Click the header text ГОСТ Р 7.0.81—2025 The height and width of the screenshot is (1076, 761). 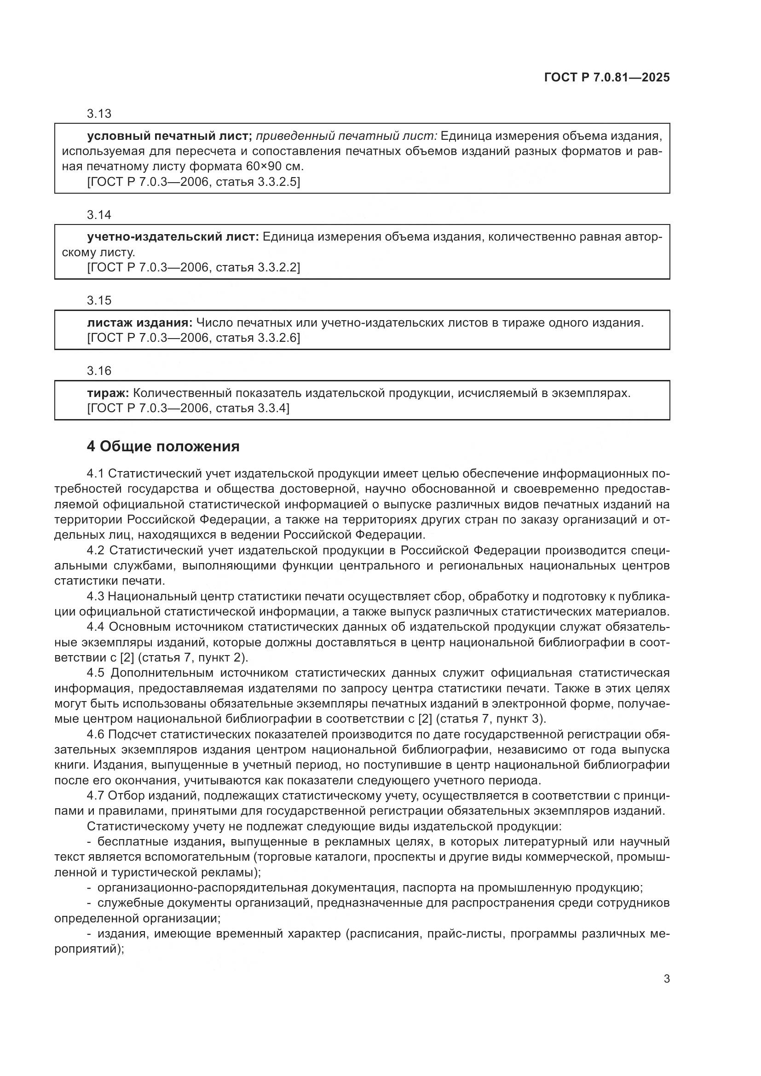[607, 78]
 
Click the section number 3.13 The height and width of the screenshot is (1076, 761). [99, 114]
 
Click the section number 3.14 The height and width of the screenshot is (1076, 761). [99, 215]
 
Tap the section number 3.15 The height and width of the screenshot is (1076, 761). [99, 300]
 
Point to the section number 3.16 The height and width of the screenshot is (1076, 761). [99, 371]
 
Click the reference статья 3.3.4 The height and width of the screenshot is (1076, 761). [251, 408]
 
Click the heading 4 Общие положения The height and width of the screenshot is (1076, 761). [163, 447]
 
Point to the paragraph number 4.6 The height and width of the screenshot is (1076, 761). [96, 734]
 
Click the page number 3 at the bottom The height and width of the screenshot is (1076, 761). [666, 979]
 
